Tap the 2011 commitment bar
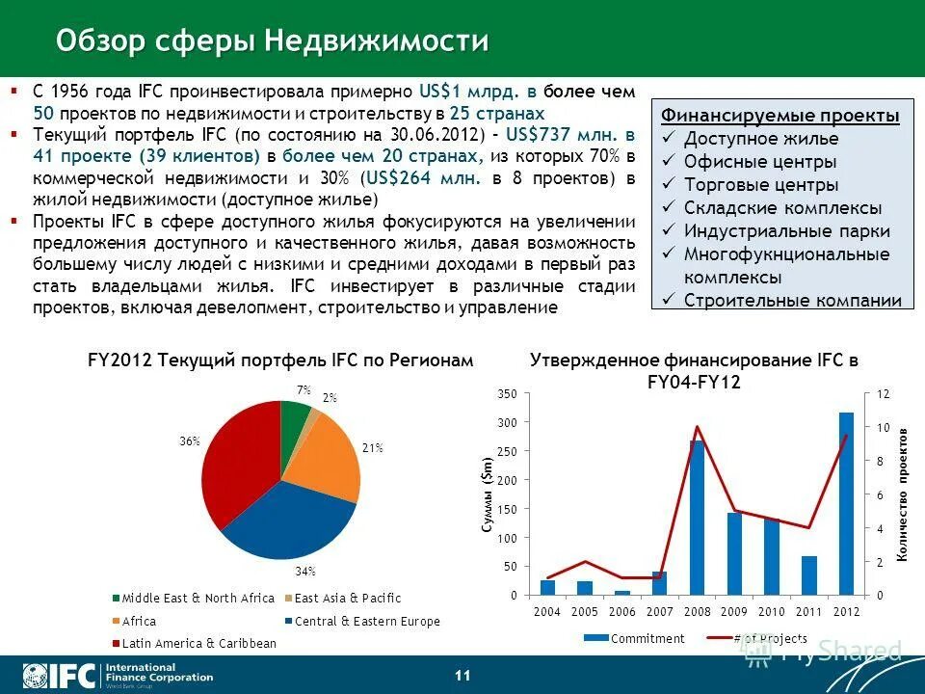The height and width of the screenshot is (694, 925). click(808, 575)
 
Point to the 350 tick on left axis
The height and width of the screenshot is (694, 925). click(508, 393)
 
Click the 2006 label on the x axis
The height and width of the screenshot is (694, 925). click(621, 612)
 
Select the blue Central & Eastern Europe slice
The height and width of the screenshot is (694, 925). click(289, 525)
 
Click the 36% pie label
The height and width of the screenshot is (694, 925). click(189, 440)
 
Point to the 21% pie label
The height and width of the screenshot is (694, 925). click(373, 447)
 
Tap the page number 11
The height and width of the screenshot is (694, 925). click(462, 675)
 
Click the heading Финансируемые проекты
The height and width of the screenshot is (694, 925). click(780, 116)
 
